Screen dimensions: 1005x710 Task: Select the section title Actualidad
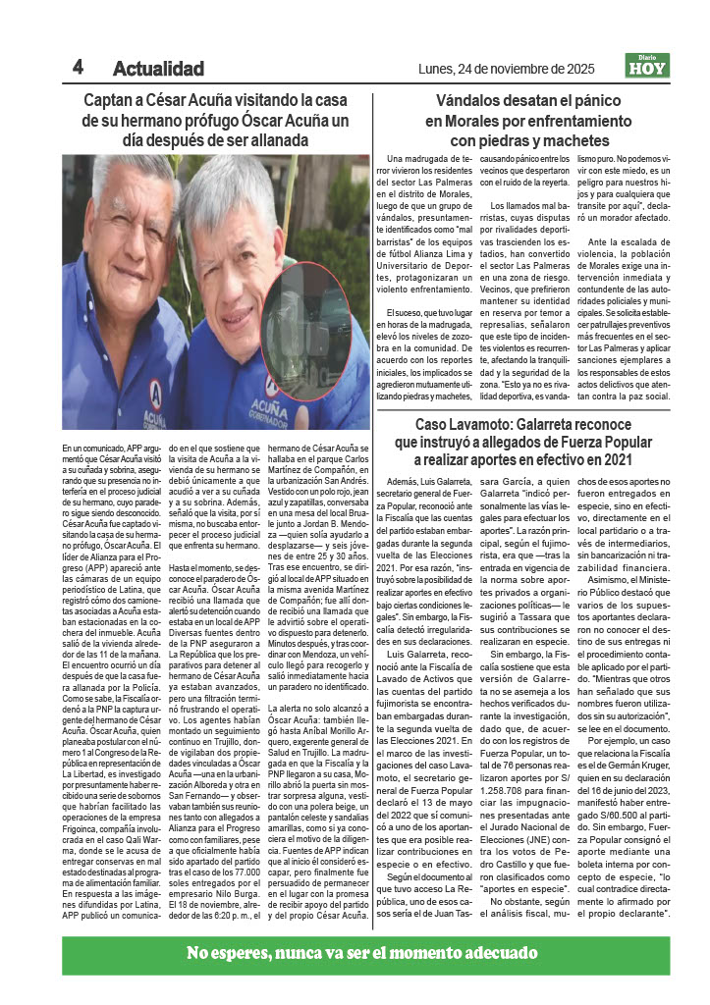tap(158, 69)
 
